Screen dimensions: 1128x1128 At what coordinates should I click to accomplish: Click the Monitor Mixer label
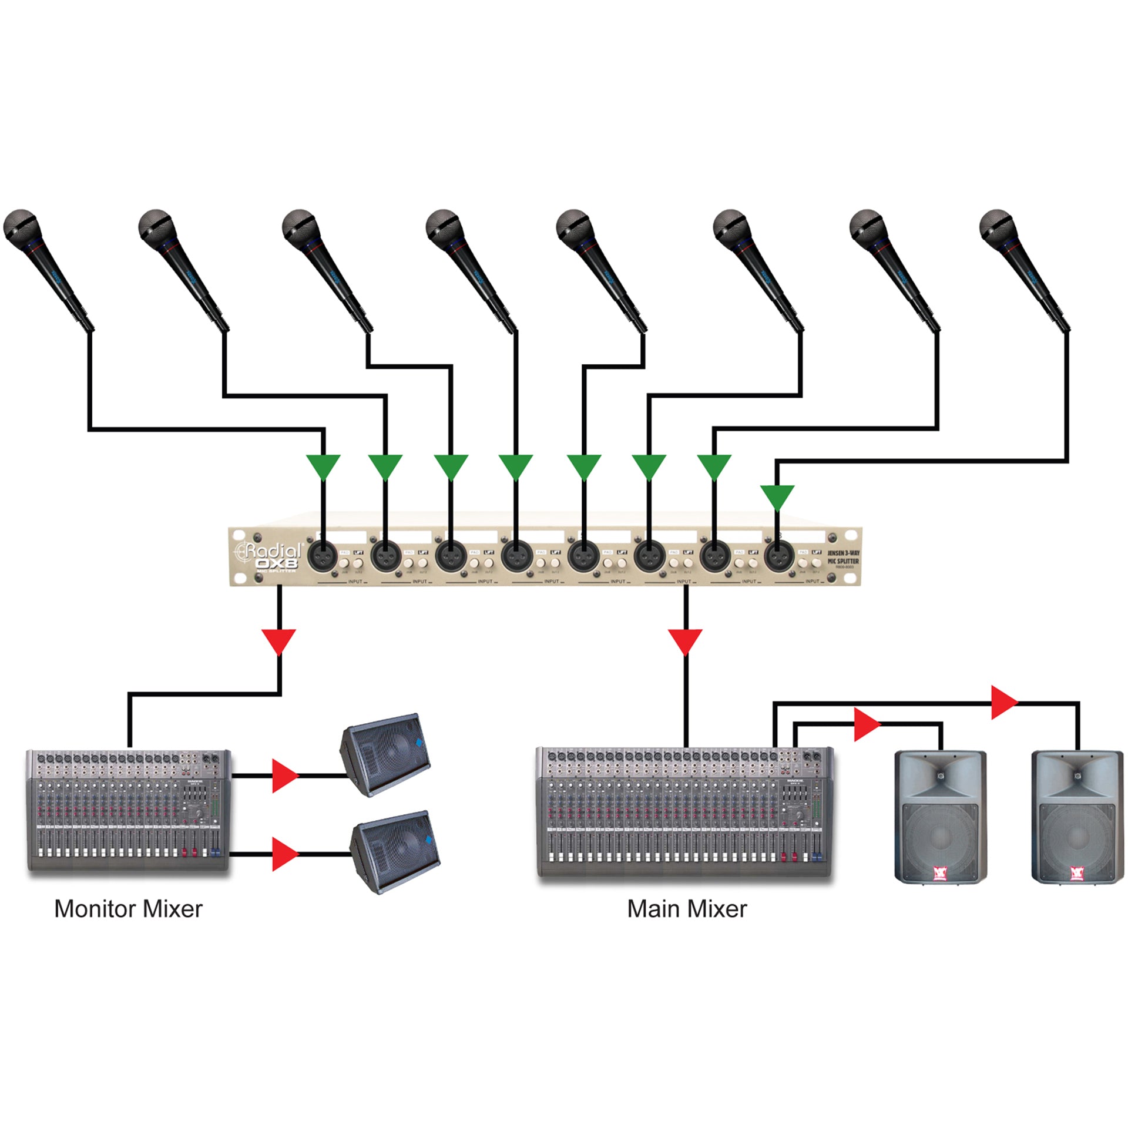point(128,909)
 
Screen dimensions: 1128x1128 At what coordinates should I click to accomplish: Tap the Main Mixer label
point(687,909)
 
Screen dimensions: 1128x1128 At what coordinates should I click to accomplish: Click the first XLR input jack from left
point(323,555)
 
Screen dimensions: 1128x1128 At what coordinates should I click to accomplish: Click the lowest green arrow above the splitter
point(777,496)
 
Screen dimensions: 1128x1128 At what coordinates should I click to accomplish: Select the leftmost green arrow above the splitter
point(323,466)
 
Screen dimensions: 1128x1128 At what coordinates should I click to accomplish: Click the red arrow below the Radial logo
point(279,640)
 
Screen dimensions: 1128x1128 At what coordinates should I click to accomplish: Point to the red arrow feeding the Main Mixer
point(686,640)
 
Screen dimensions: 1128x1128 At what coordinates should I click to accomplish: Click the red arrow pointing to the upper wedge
point(285,775)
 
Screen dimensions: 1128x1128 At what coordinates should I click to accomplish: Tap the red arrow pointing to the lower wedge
point(285,854)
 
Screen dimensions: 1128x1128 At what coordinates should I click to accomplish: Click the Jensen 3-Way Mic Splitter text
point(843,558)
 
